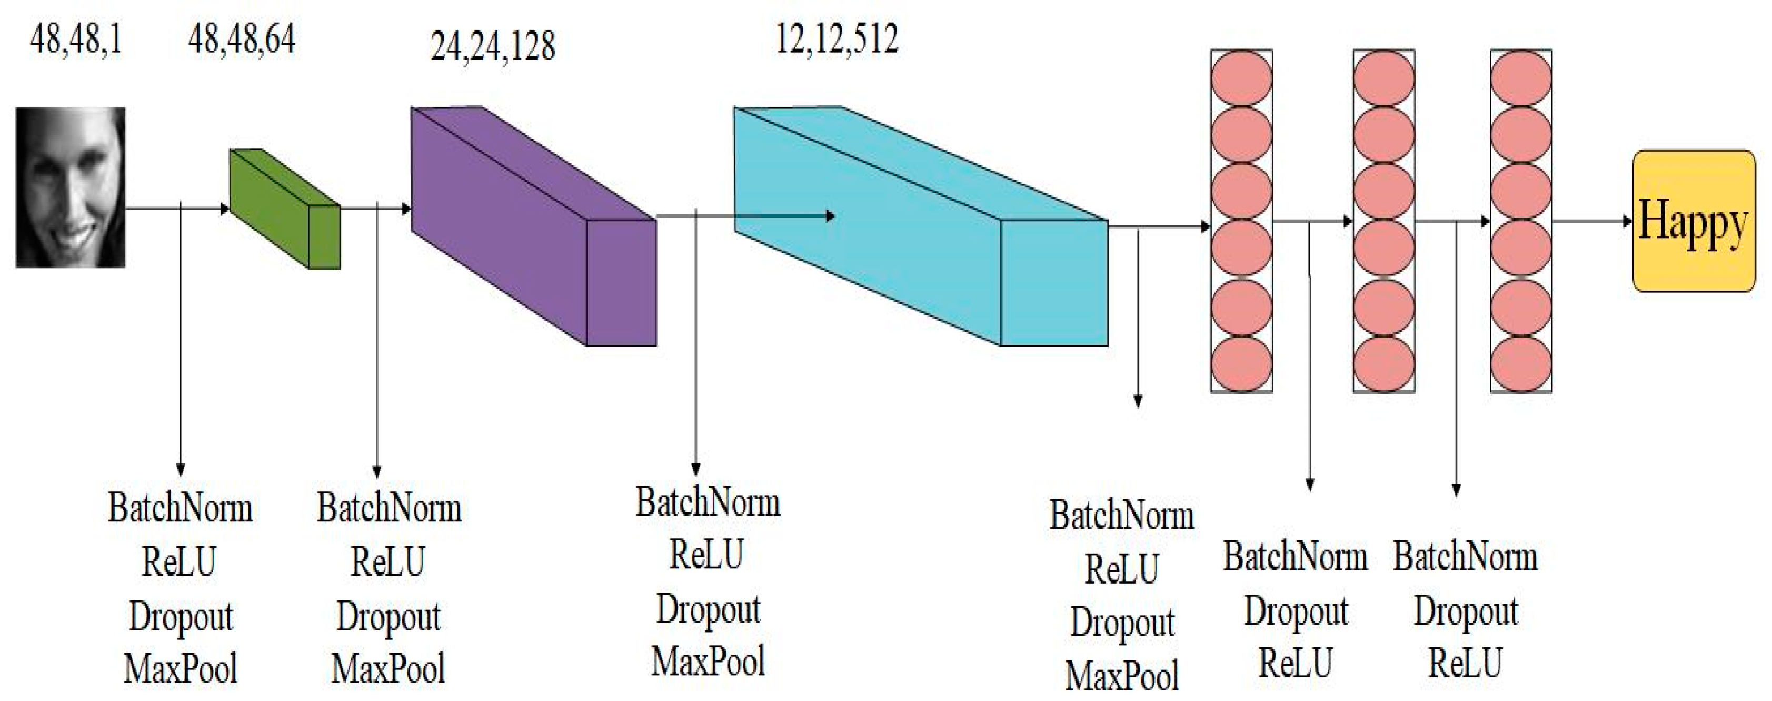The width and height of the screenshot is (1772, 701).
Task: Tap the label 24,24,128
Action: (493, 47)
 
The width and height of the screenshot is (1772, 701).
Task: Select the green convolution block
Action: (283, 209)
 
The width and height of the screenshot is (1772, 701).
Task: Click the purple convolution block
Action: (533, 227)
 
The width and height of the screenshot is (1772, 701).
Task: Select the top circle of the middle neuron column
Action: (1383, 78)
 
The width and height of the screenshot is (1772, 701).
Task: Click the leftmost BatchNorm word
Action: (180, 508)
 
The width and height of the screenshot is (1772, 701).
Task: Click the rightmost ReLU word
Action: (1465, 663)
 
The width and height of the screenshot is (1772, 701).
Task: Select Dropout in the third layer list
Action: (708, 609)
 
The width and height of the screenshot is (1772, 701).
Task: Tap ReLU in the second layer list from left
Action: (388, 561)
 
